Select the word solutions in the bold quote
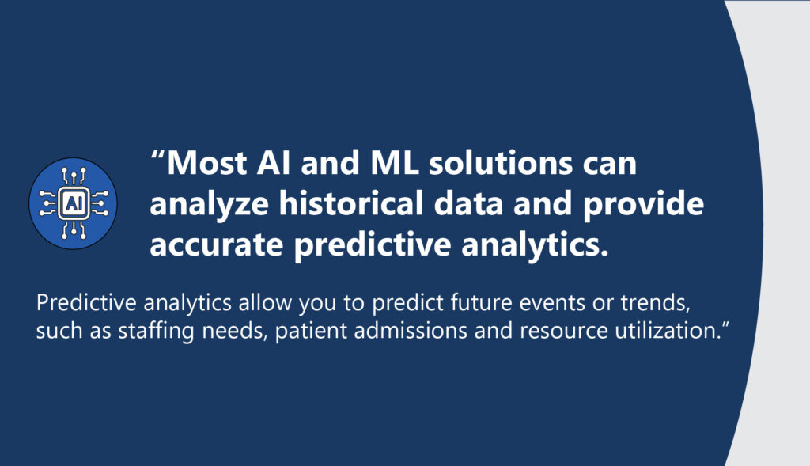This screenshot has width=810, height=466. click(x=501, y=163)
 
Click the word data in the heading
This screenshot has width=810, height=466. click(x=468, y=203)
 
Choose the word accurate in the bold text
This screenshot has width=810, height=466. click(x=216, y=245)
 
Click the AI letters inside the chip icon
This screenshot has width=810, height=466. click(x=73, y=204)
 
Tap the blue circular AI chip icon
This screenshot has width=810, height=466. click(x=73, y=203)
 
